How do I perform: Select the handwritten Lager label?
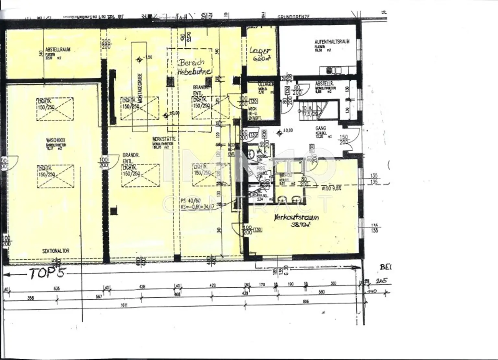click(x=260, y=51)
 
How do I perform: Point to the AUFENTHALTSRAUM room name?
click(x=332, y=42)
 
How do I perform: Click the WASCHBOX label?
click(x=56, y=140)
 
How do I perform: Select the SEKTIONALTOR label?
click(x=56, y=251)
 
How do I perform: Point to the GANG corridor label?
click(x=320, y=128)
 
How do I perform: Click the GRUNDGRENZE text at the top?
click(x=294, y=17)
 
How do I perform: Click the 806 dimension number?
click(x=305, y=301)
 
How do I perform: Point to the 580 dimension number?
click(x=321, y=292)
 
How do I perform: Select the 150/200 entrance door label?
click(x=343, y=140)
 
